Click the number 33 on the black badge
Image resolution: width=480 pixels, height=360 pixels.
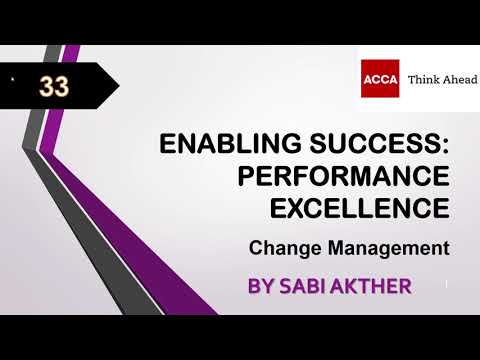[x=54, y=87]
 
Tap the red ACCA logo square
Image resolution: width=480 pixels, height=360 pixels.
[x=380, y=78]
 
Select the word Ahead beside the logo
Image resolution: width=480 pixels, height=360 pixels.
[x=459, y=79]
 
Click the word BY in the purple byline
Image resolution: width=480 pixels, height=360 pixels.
[x=262, y=286]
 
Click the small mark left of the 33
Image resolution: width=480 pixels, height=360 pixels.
[x=13, y=79]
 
